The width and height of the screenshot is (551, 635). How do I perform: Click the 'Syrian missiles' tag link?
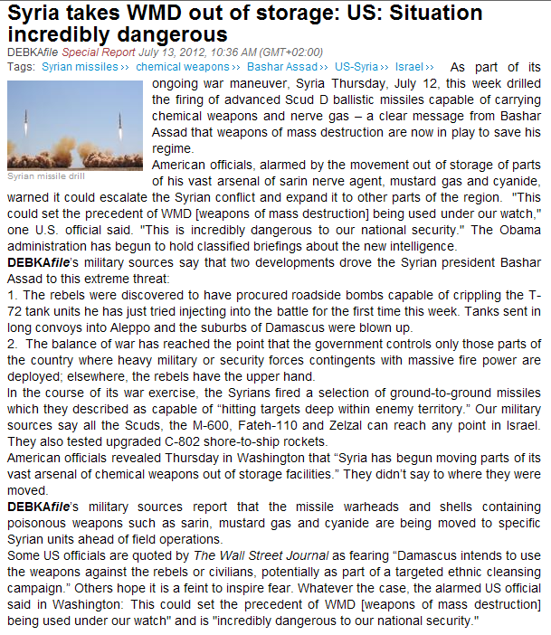point(81,67)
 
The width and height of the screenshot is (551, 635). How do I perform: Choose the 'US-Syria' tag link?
point(357,67)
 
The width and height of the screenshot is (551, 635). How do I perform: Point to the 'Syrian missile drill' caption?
point(46,175)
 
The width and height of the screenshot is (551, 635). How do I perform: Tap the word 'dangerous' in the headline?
point(171,34)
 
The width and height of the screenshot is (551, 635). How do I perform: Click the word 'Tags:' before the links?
point(21,67)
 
